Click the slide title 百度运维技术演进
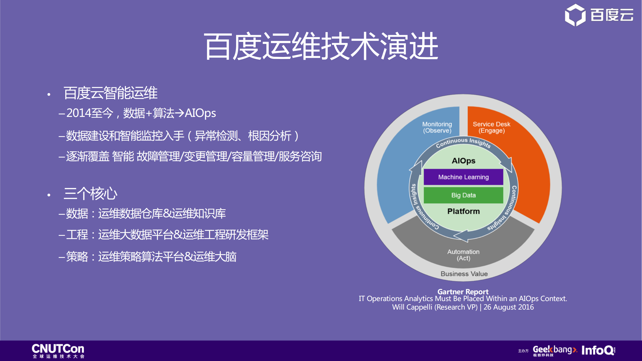pos(321,46)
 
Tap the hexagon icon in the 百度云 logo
pos(575,15)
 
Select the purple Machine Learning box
pos(463,177)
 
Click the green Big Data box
pos(463,195)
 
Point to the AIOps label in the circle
pos(463,161)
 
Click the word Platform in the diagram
pos(463,211)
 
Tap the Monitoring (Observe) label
pos(437,127)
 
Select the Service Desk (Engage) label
pos(491,127)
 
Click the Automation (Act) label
pos(463,255)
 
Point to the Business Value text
pos(464,274)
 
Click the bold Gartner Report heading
pos(463,292)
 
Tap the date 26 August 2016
pos(509,307)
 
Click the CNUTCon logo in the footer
pos(58,350)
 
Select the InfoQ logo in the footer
pos(598,350)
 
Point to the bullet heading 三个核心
pos(90,194)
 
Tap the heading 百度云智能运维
pos(110,93)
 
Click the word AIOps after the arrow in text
pos(200,113)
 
